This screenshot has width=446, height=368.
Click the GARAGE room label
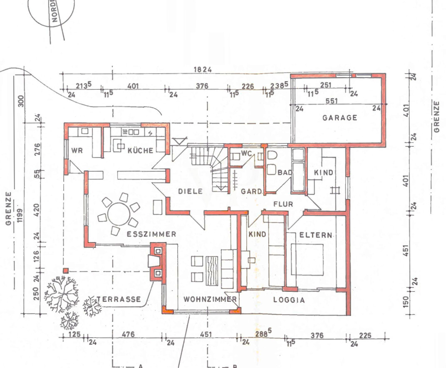click(339, 117)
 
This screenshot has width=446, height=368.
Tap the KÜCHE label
click(140, 150)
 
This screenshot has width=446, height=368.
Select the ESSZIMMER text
click(151, 234)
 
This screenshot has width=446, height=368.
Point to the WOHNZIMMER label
click(210, 299)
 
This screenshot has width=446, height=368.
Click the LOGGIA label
click(289, 300)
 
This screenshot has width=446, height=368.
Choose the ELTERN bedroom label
click(316, 235)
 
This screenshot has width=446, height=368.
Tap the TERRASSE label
click(119, 299)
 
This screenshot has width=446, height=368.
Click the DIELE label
click(190, 191)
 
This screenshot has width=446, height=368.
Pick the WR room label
click(77, 150)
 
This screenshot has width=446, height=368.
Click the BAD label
click(285, 172)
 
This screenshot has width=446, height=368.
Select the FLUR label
click(283, 204)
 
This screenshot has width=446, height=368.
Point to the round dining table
click(119, 214)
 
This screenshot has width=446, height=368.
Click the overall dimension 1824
click(203, 69)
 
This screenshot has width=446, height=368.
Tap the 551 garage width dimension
click(332, 101)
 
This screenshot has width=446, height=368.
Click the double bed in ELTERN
click(307, 259)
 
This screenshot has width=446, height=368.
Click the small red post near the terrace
click(66, 270)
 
